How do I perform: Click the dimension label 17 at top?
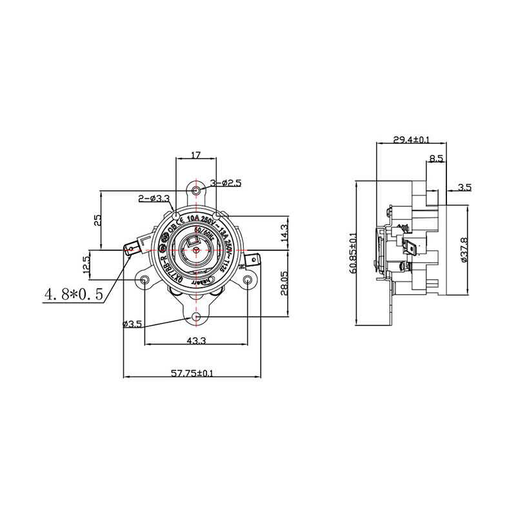click(x=196, y=155)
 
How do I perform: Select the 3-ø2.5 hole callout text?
click(x=225, y=183)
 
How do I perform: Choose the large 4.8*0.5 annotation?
click(x=73, y=294)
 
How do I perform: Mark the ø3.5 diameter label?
click(x=132, y=324)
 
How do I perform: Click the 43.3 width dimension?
click(x=196, y=340)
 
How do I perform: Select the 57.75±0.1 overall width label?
click(x=192, y=372)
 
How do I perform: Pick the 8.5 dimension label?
click(x=435, y=158)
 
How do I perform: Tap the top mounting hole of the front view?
click(x=196, y=190)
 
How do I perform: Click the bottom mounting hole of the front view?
click(x=196, y=317)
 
